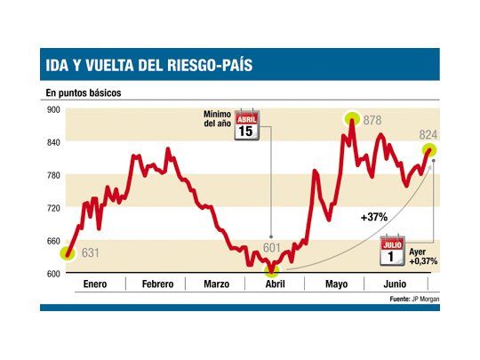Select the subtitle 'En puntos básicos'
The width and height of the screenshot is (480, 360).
coord(84,92)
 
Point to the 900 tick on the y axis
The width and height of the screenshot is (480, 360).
coord(52,110)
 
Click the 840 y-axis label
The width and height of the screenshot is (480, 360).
coord(52,142)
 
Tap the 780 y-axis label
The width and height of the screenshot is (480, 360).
coord(52,175)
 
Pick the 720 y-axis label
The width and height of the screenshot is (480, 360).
coord(52,208)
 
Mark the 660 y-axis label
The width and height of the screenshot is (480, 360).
coord(52,241)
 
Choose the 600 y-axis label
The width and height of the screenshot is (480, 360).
coord(52,274)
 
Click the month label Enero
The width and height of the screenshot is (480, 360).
coord(95,284)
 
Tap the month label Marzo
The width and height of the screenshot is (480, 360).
coord(216,284)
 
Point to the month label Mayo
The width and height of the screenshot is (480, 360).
coord(336,284)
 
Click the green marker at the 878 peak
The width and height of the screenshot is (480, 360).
coord(353,118)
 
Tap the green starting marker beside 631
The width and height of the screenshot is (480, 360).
coord(68,253)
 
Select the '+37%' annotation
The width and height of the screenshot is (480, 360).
coord(373,216)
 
